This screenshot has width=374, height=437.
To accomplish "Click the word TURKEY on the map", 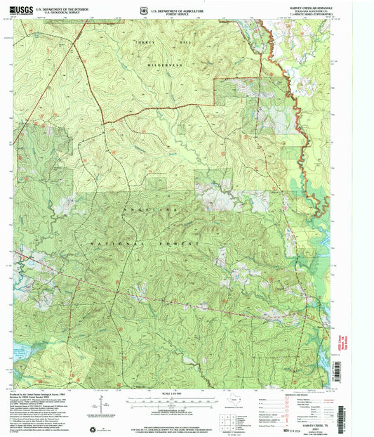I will pos(145,43).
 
